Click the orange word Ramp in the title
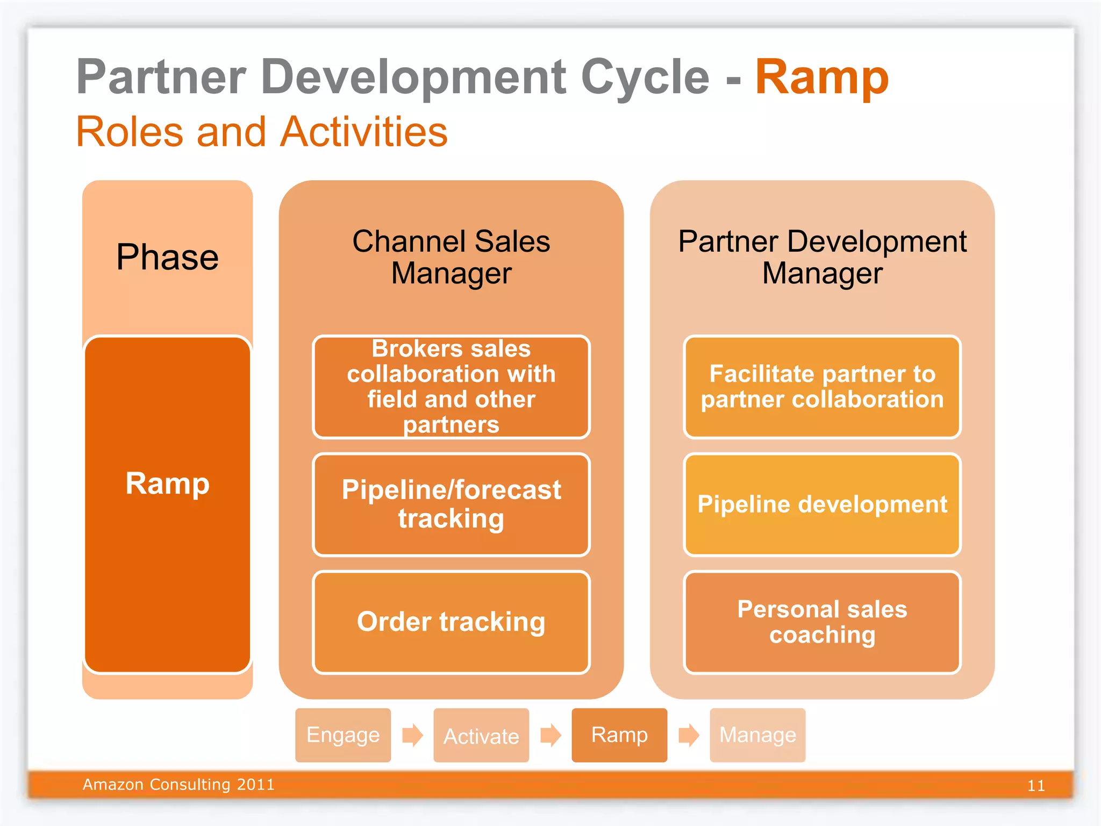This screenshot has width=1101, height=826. [821, 78]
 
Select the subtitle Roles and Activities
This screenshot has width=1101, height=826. [262, 132]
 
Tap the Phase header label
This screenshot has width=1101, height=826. [167, 257]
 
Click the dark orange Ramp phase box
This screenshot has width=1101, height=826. [167, 504]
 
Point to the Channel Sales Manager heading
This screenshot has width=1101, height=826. [451, 257]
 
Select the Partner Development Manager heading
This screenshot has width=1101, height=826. [822, 257]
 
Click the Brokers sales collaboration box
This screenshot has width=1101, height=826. [451, 387]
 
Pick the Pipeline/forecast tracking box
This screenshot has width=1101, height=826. [451, 504]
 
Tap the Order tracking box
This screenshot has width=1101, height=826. [451, 622]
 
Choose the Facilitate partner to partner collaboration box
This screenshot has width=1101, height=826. [822, 387]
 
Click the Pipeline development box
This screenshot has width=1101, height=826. [822, 504]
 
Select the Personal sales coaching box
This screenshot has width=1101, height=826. [822, 622]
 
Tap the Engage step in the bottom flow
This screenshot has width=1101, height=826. [343, 735]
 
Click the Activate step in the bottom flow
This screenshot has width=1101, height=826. [481, 735]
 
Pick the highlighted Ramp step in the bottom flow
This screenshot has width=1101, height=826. [619, 735]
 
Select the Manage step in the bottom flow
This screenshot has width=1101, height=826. [757, 735]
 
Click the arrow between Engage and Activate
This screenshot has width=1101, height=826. [412, 735]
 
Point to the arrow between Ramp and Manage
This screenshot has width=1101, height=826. [689, 735]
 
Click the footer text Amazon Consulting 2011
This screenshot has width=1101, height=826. [178, 785]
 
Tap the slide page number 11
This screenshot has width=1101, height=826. [1036, 786]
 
